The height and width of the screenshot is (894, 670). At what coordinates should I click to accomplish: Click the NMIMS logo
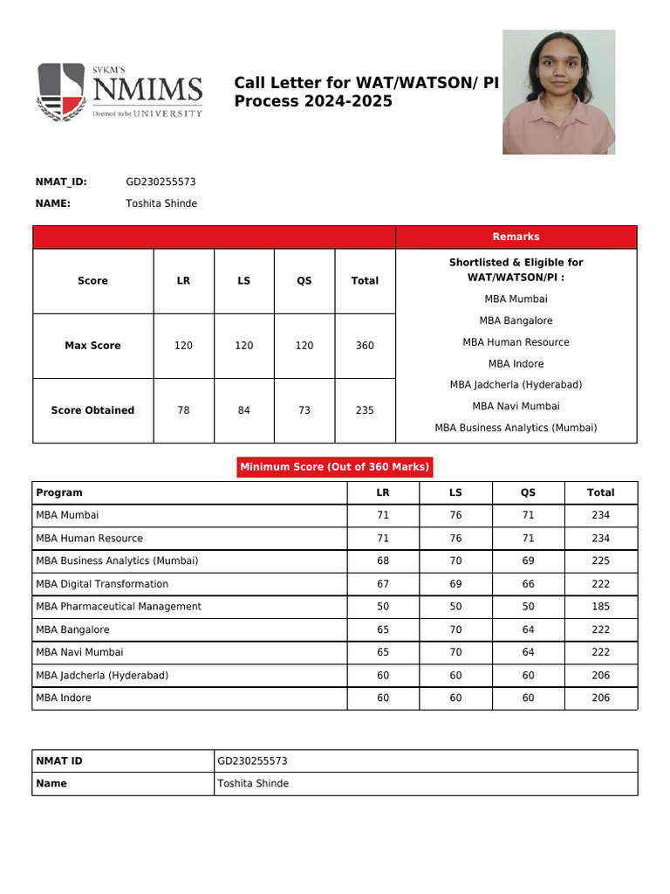click(120, 91)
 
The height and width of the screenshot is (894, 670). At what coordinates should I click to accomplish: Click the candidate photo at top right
click(558, 92)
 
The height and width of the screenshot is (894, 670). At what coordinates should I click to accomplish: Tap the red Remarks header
click(516, 237)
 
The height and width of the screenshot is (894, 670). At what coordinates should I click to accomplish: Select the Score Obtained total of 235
click(365, 410)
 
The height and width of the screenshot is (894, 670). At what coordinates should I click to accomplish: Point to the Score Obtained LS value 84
click(243, 410)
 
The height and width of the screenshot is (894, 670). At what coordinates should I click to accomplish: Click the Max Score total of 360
click(365, 346)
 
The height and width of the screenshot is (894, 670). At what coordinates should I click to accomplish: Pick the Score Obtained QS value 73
click(304, 410)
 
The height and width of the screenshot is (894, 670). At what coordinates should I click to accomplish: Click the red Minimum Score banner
click(335, 467)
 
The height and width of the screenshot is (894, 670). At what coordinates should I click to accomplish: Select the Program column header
click(59, 492)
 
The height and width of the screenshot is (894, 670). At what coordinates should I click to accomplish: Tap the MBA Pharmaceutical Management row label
click(119, 607)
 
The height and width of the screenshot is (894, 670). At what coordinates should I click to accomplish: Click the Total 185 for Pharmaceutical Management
click(600, 607)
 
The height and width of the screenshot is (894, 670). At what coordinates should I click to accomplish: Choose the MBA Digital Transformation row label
click(102, 584)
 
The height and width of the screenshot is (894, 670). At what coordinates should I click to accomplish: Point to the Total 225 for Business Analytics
click(600, 561)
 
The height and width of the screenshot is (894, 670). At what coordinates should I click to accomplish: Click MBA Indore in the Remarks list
click(516, 364)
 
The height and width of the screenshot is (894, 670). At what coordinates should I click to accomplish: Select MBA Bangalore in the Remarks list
click(516, 320)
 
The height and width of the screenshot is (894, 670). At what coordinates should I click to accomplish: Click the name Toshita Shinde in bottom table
click(253, 783)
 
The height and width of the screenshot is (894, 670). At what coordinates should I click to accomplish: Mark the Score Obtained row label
click(92, 410)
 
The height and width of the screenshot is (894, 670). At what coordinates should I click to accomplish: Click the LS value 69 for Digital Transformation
click(455, 584)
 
